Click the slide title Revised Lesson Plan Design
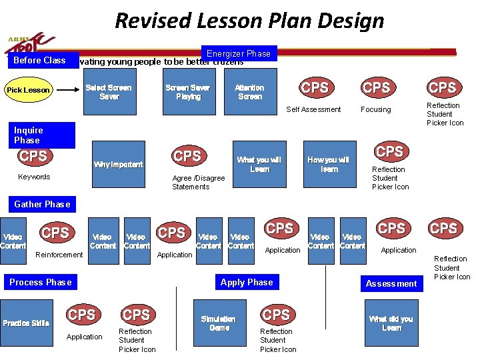pos(249,21)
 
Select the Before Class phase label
pos(40,61)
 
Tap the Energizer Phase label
pos(238,53)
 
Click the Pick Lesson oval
pos(28,90)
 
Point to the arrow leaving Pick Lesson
pos(65,90)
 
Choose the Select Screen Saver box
pos(109,92)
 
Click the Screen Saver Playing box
pos(187,92)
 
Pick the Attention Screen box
pos(249,92)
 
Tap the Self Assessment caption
pos(313,109)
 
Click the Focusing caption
pos(375,109)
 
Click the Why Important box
pos(118,164)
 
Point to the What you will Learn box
pos(259,164)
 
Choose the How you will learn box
pos(329,164)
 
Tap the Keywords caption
pos(34,177)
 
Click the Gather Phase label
pos(42,204)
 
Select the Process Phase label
pos(40,282)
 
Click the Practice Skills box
pos(26,323)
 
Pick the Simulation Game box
pos(219,323)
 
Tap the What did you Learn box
pos(391,323)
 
